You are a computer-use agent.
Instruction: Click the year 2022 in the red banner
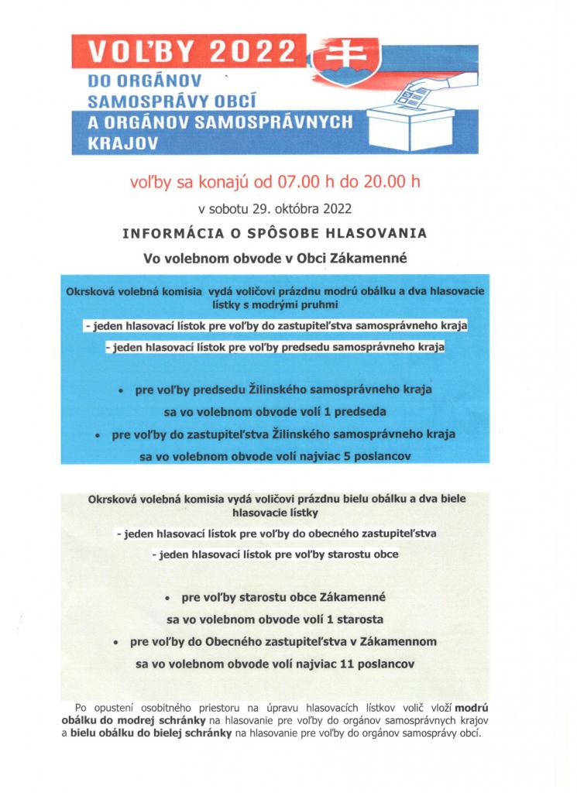coord(254,51)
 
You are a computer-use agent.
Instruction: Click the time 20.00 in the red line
coord(386,183)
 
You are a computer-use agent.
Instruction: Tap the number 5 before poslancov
coord(346,457)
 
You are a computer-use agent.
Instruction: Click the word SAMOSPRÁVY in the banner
coord(144,100)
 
